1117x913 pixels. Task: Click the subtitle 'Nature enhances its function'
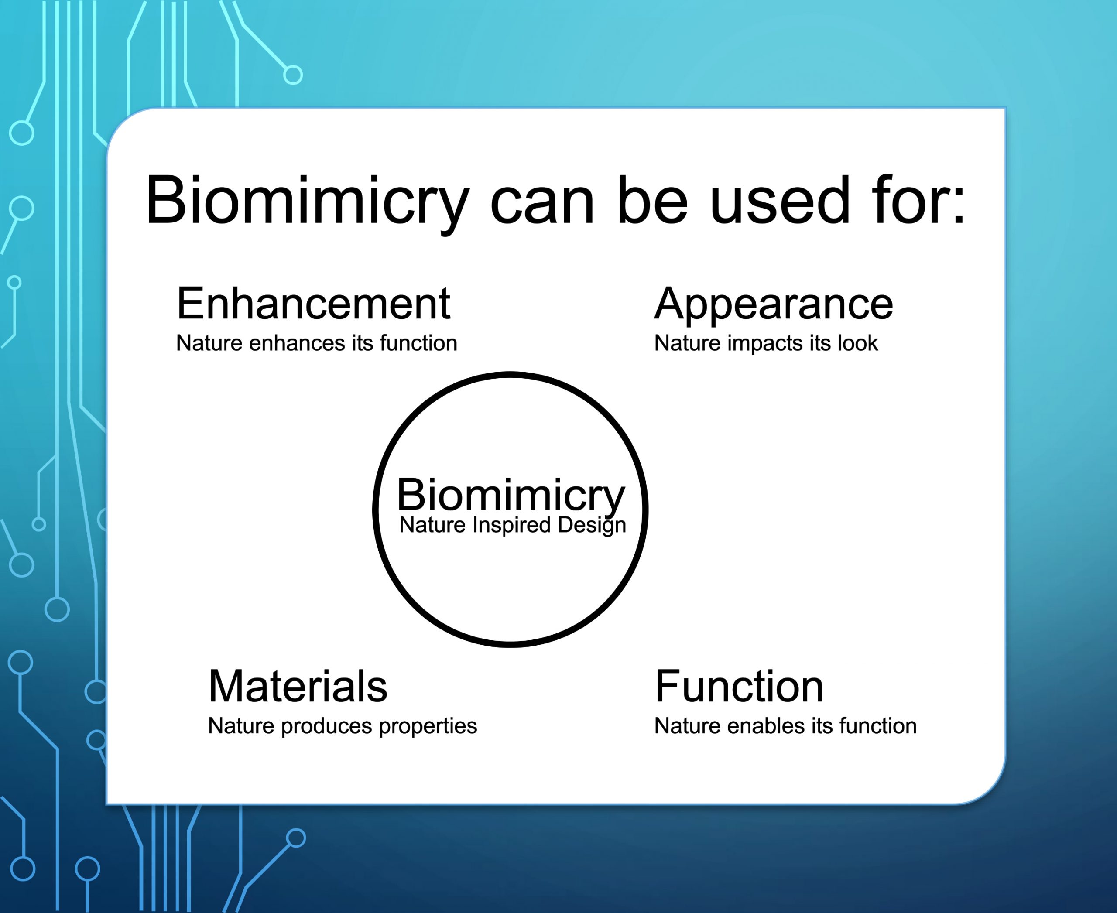coord(317,343)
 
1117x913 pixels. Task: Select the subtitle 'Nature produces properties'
coord(343,726)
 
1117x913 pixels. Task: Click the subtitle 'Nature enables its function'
coord(785,726)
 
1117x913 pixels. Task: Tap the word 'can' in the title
coord(542,206)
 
